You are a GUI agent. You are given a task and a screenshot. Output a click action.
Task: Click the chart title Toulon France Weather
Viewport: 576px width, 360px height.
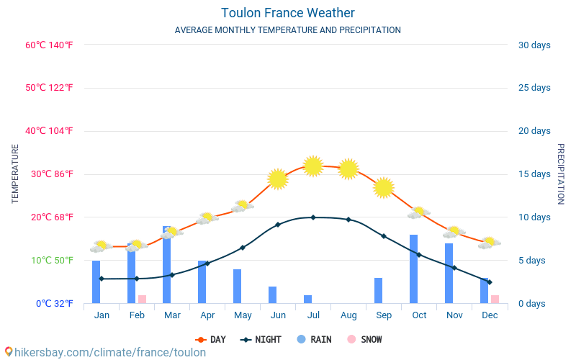(287, 13)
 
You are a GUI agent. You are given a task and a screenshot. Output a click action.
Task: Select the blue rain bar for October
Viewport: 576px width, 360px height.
(414, 269)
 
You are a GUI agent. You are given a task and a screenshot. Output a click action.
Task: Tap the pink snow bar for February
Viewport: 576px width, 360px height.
(142, 299)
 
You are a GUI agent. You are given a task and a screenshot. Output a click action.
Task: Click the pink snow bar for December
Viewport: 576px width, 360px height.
(495, 299)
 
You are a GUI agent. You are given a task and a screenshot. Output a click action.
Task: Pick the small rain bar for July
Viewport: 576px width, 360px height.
(307, 299)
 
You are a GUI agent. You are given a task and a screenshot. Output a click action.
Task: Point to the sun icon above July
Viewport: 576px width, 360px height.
(312, 166)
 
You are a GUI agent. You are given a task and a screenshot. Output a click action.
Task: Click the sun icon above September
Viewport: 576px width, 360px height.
(384, 187)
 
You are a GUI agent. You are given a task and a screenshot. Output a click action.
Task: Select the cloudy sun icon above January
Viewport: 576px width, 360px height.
(101, 246)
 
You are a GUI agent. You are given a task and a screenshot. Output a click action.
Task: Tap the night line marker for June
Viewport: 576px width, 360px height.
(278, 225)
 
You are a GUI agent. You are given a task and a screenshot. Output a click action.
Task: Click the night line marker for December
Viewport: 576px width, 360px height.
(490, 282)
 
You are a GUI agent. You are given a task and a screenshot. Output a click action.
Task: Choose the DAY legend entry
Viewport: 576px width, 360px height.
(210, 339)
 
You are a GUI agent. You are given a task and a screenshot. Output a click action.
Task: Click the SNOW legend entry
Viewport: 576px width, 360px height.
(364, 339)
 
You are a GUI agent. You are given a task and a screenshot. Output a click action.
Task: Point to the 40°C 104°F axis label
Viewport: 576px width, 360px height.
(49, 131)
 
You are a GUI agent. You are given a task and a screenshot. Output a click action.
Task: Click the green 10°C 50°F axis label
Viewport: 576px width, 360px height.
(49, 260)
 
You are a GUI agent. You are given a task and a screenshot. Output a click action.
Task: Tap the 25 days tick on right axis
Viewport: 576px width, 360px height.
(534, 88)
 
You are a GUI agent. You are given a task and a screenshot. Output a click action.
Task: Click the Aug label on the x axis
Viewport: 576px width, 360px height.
(348, 315)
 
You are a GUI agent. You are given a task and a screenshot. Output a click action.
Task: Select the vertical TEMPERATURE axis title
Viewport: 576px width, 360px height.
(15, 174)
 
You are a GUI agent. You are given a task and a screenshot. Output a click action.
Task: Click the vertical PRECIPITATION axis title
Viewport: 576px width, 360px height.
(561, 174)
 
